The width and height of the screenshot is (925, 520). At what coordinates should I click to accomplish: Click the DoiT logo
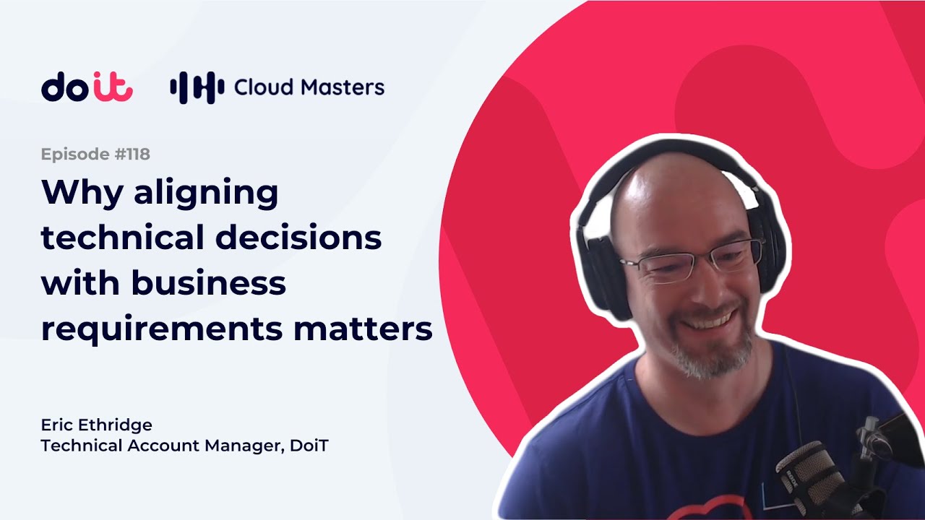coord(87,86)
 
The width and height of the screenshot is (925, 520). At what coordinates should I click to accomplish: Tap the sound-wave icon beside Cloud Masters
coord(197,87)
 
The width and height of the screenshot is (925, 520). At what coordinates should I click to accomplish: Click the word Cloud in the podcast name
coord(264,87)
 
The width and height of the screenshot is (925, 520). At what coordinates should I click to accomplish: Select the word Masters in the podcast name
coord(343,87)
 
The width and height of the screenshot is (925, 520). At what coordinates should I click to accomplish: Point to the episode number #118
coord(132,154)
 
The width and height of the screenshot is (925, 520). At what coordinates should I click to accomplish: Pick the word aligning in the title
coord(206,194)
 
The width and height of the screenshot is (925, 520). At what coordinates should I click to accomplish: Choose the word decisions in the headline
coord(298,237)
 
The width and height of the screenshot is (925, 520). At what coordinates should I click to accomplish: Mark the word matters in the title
coord(363,329)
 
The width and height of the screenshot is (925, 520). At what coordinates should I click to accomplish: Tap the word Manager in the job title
coord(244,446)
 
